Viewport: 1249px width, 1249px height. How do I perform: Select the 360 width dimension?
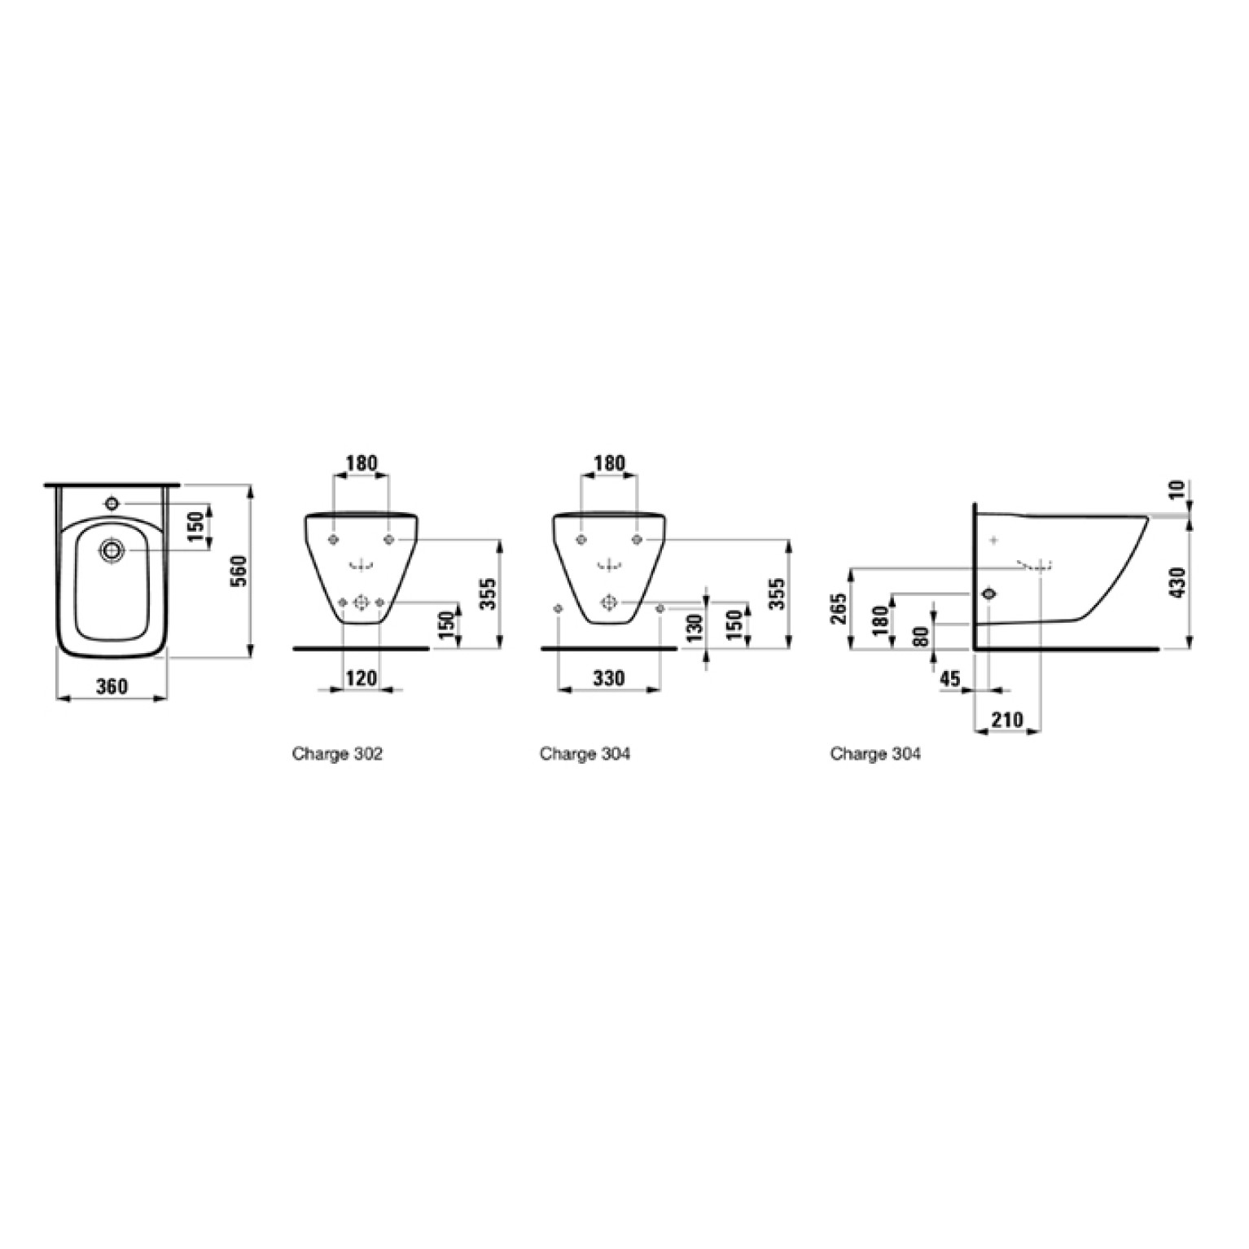coord(112,686)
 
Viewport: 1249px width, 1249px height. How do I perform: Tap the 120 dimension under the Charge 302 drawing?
coord(362,677)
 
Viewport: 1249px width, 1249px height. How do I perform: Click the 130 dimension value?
coord(694,629)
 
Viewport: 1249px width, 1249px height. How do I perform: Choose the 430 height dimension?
coord(1176,582)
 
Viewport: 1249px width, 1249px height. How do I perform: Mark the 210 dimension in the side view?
coord(1007,720)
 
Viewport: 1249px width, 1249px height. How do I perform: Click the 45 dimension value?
coord(950,678)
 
